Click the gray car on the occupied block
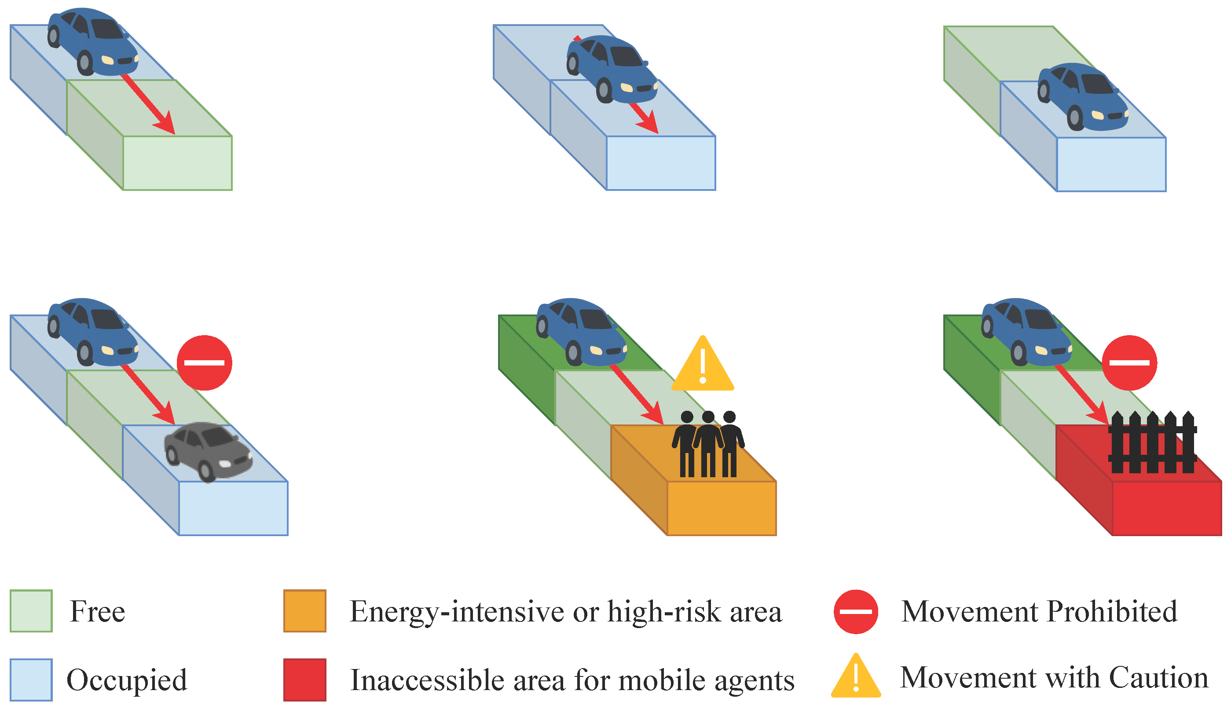209,451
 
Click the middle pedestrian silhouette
708,443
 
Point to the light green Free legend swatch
31,611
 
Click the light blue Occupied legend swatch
31,680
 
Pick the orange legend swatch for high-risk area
305,611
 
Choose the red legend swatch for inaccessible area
305,680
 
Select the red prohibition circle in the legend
856,612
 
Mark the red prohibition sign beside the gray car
204,363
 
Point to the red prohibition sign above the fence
1129,363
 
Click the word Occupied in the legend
127,680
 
